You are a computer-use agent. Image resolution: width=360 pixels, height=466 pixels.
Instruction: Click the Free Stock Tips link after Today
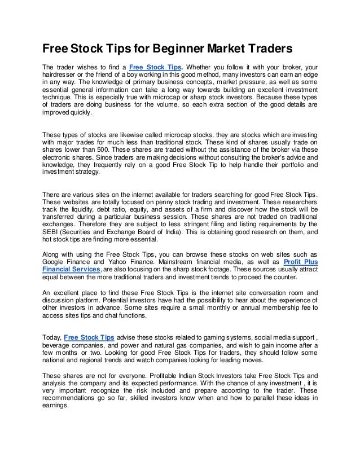pos(89,337)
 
